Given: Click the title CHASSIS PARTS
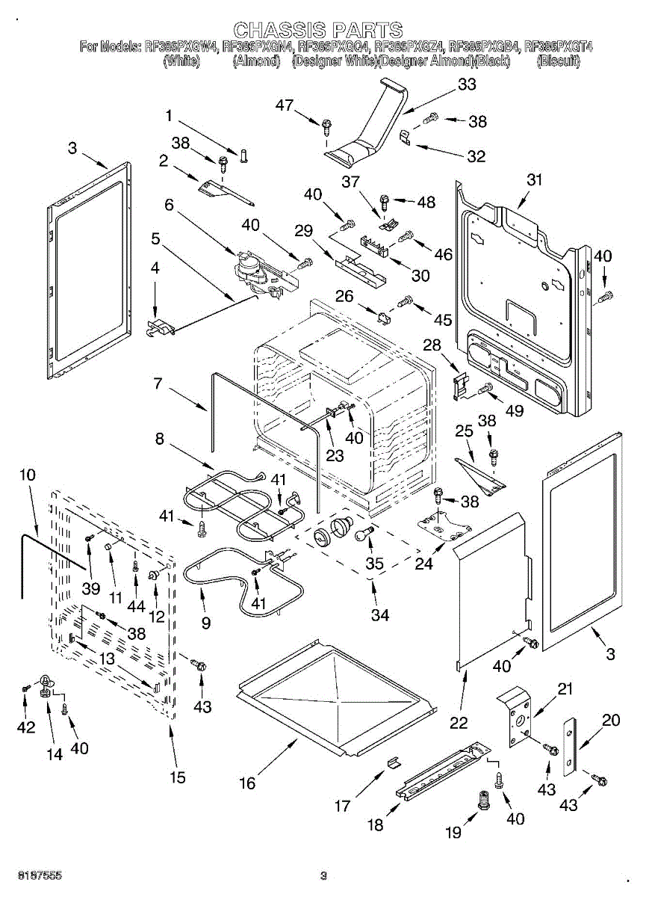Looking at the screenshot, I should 317,30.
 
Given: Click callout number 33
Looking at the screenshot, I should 467,85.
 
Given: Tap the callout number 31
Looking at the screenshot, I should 534,180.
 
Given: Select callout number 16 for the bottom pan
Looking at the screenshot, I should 247,783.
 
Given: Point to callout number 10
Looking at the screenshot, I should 27,474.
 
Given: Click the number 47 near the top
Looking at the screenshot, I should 285,105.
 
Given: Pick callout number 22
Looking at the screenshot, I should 459,722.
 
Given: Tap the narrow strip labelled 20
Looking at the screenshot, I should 570,746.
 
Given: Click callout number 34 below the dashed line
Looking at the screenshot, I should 380,615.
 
